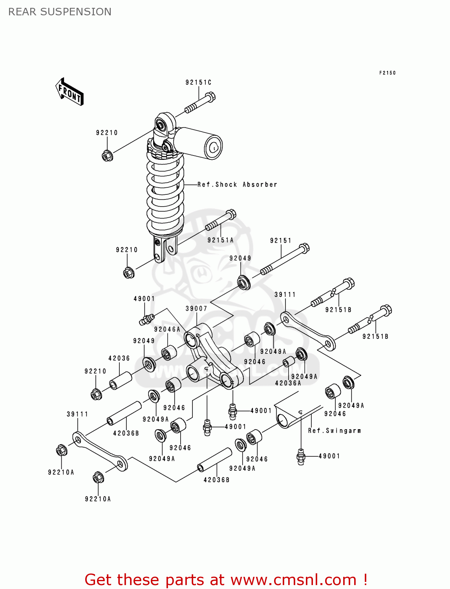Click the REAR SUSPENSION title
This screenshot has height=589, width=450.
(x=60, y=12)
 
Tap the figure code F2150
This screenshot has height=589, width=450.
(x=387, y=73)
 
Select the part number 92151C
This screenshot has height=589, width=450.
(x=198, y=82)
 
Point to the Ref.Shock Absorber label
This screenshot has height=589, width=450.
(x=237, y=185)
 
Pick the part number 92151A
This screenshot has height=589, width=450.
(x=220, y=240)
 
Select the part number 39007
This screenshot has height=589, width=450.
(x=196, y=309)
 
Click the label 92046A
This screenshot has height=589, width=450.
(x=167, y=329)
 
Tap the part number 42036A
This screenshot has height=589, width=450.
(x=288, y=383)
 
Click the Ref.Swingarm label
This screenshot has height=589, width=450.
(x=334, y=431)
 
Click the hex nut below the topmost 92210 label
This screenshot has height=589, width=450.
(x=107, y=156)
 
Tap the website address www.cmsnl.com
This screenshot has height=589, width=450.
(x=293, y=580)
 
